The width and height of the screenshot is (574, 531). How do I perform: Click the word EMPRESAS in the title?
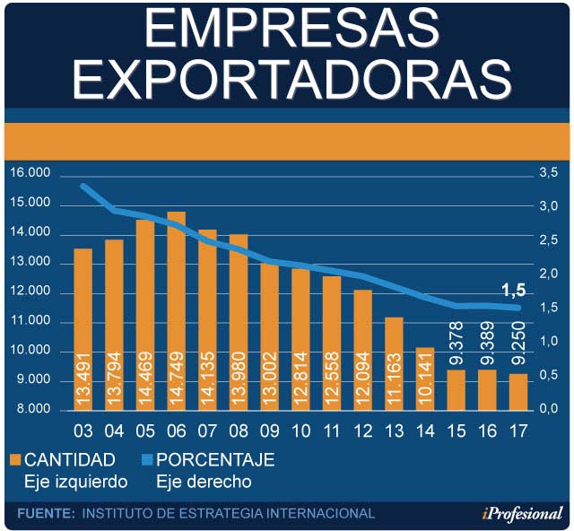pos(288,30)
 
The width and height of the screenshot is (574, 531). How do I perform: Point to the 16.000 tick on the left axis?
pos(30,173)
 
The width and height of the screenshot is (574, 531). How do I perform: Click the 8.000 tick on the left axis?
pos(33,410)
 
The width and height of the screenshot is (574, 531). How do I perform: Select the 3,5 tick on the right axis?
pos(547,172)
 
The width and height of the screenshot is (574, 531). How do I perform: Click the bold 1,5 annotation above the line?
pos(513,291)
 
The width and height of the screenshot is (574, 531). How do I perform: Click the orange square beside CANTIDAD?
pos(14,460)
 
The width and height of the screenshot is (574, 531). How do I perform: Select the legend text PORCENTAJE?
pos(215,460)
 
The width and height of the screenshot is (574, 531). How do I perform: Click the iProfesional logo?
pos(521,513)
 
